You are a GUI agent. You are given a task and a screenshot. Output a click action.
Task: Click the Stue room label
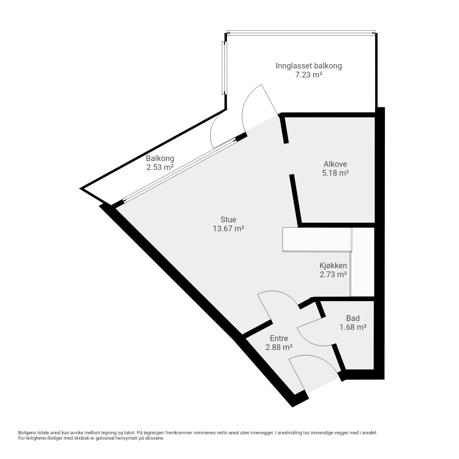(x=228, y=219)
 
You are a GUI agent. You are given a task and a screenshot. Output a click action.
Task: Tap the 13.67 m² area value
(x=228, y=229)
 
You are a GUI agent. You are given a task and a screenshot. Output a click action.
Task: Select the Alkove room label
(x=335, y=164)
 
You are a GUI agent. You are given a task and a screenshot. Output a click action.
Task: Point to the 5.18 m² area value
(x=335, y=173)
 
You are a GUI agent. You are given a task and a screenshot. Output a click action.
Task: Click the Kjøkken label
(x=333, y=265)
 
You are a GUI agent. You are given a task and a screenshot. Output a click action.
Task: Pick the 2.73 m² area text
(x=333, y=274)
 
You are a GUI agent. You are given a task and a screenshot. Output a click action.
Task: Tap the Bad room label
(x=353, y=318)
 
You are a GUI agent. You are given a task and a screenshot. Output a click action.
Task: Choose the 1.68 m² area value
(x=353, y=327)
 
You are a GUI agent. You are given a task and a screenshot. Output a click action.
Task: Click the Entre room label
(x=279, y=338)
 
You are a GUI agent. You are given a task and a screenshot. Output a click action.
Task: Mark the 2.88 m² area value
(x=279, y=347)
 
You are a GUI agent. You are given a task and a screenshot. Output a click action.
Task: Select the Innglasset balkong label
(x=309, y=66)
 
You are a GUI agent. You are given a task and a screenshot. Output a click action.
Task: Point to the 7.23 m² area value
(x=309, y=75)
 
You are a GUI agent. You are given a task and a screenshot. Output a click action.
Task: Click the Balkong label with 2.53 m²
(x=160, y=158)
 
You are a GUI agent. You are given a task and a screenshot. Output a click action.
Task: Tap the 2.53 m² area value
(x=160, y=167)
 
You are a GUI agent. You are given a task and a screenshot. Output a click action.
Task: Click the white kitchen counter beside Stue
(x=317, y=240)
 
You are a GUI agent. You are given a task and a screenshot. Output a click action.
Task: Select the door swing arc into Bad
(x=314, y=341)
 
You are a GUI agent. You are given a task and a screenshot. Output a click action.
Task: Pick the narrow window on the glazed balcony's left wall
(x=224, y=68)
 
